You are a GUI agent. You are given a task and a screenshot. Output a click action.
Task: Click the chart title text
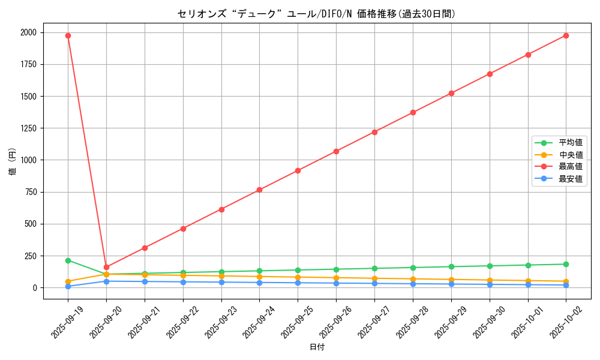point(316,14)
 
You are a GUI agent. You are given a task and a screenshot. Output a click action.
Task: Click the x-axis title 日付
point(317,347)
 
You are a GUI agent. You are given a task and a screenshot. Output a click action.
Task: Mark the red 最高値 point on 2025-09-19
point(68,35)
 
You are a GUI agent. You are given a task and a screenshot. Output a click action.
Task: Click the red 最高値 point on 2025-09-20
point(106,267)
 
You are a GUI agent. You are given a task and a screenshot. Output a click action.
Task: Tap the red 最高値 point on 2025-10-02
point(566,35)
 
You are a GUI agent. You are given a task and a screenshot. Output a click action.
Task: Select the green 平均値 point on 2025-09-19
point(68,260)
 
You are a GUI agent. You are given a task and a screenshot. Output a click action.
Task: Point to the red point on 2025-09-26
point(336,151)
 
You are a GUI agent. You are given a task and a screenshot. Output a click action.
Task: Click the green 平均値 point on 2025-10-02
point(566,264)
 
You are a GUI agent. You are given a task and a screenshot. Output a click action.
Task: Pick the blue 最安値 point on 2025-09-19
point(68,286)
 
